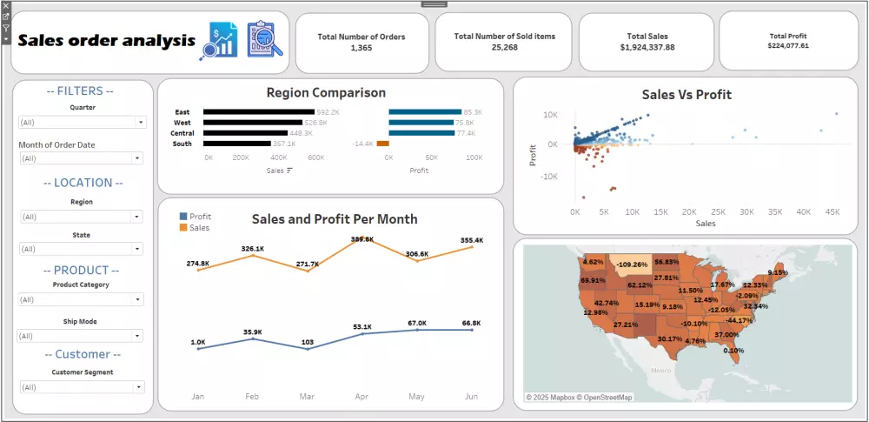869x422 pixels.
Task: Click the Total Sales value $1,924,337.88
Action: [x=647, y=47]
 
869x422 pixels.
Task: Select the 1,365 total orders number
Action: [x=361, y=48]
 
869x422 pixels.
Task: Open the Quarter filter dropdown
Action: [x=82, y=123]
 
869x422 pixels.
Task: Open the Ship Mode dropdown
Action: [x=82, y=336]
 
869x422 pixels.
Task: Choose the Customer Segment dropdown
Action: [x=82, y=387]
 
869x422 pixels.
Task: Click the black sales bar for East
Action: [x=259, y=112]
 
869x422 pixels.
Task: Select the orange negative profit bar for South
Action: [x=382, y=144]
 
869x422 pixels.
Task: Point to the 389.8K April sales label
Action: [x=362, y=238]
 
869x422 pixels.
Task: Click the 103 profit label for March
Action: [x=307, y=342]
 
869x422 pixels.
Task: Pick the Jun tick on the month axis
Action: [x=471, y=397]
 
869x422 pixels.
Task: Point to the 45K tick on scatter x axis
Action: [x=833, y=211]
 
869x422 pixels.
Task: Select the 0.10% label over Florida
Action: [x=733, y=351]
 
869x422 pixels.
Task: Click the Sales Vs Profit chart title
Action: [x=686, y=94]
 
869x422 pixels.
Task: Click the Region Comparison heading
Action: [x=326, y=92]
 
